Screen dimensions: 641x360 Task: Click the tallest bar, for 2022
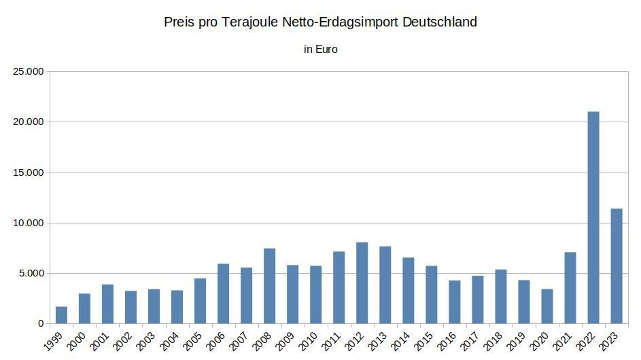coord(593,217)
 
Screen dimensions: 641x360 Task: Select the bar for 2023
coord(617,266)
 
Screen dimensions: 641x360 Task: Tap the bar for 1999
coord(61,315)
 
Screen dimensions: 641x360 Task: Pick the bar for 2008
coord(269,286)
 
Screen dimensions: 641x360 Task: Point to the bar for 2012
coord(362,283)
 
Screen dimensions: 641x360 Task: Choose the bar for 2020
coord(547,306)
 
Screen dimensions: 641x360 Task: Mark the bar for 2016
coord(455,302)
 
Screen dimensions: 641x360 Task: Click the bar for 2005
coord(201,301)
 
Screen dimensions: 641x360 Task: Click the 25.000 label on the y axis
coord(28,71)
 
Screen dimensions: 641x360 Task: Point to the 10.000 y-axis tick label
coord(28,223)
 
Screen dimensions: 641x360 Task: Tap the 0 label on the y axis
coord(41,323)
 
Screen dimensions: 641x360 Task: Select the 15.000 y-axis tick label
coord(28,173)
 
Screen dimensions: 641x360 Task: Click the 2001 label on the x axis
coord(99,341)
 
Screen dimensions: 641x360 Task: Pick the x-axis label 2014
coord(400,341)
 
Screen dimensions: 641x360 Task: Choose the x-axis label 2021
coord(562,341)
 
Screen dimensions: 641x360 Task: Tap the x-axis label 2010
coord(307,341)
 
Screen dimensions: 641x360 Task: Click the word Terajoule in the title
coord(249,22)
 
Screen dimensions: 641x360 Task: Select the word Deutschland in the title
coord(440,22)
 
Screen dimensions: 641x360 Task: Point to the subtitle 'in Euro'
coord(321,50)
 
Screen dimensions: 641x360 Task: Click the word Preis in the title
coord(179,22)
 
